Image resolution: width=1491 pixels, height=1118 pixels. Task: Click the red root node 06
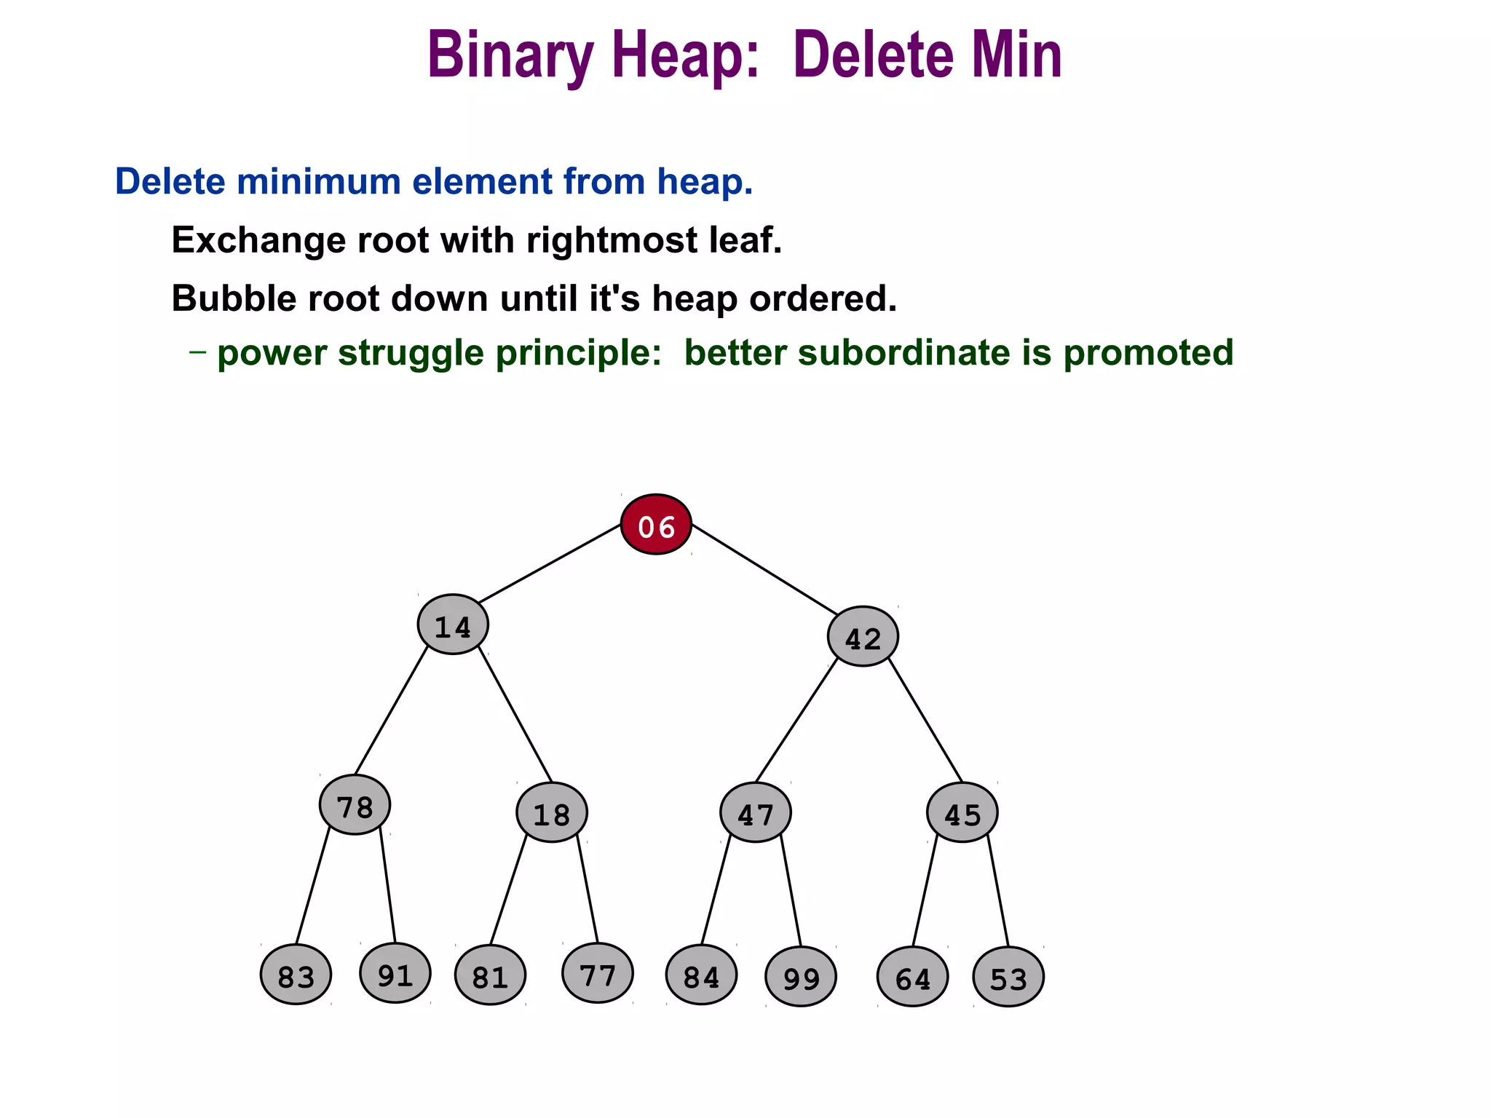(x=656, y=525)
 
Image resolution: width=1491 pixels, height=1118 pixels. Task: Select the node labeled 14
(x=453, y=625)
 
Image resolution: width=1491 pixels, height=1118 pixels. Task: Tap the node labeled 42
(x=863, y=637)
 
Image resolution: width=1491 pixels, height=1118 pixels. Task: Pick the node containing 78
(x=355, y=805)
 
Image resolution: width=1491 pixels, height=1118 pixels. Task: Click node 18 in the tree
(x=552, y=812)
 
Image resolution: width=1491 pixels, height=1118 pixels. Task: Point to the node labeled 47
(x=756, y=812)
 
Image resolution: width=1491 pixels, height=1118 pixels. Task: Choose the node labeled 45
(x=962, y=812)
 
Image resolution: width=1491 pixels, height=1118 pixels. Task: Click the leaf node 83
(x=296, y=975)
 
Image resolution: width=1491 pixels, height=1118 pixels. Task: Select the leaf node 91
(x=395, y=973)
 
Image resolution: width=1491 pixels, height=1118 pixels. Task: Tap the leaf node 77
(x=598, y=973)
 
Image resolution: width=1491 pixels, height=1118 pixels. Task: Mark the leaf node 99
(x=801, y=977)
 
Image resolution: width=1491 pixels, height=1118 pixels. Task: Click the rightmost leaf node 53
(x=1008, y=977)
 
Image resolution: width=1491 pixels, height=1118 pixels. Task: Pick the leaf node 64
(x=913, y=977)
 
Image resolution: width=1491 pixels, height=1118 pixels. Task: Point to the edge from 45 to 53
(x=998, y=892)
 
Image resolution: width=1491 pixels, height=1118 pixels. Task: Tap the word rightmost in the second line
(x=612, y=240)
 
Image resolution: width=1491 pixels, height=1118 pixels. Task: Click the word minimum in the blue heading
(x=321, y=181)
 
